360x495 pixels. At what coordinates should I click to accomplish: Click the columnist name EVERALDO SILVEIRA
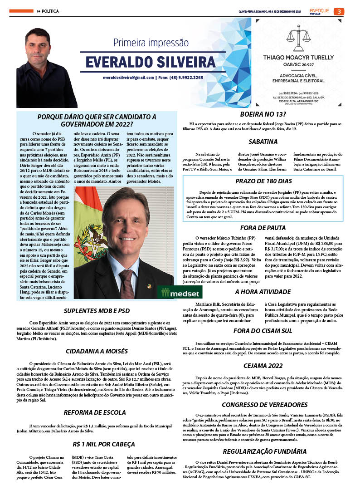151,62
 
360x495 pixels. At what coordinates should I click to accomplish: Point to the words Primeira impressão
151,43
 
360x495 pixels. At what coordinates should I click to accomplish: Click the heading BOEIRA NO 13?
263,114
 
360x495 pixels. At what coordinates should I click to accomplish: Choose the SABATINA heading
263,142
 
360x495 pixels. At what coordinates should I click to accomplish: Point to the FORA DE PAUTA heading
263,228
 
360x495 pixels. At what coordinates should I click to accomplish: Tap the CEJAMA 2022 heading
263,365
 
